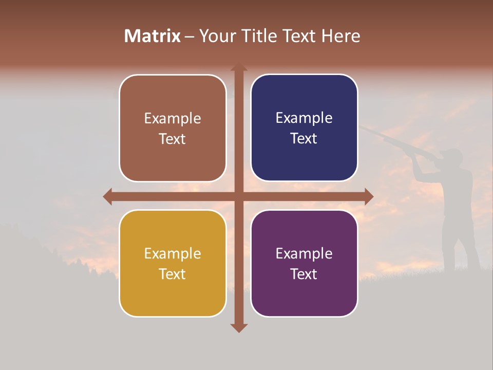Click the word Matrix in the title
[x=152, y=36]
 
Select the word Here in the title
[x=340, y=36]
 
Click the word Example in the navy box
[x=304, y=118]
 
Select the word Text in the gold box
[x=173, y=274]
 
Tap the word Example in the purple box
[x=304, y=253]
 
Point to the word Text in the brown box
[x=173, y=139]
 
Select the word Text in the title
[x=298, y=36]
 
